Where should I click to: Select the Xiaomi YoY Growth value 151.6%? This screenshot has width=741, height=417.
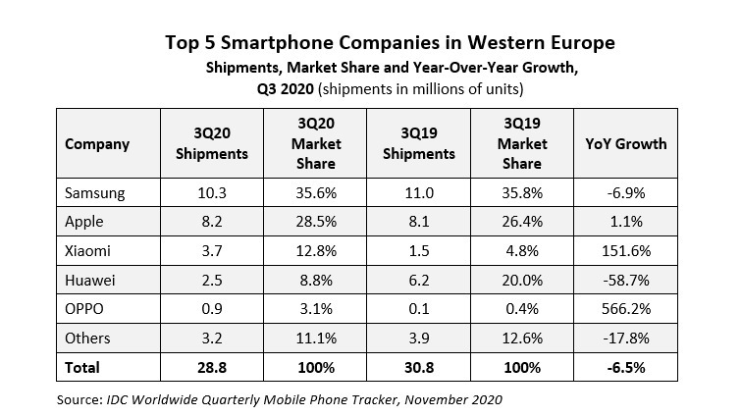627,252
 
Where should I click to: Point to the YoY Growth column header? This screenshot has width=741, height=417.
627,143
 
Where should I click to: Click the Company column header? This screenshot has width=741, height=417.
97,143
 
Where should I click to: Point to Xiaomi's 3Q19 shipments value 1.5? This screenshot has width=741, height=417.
418,252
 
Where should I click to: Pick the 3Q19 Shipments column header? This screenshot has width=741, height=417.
418,143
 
